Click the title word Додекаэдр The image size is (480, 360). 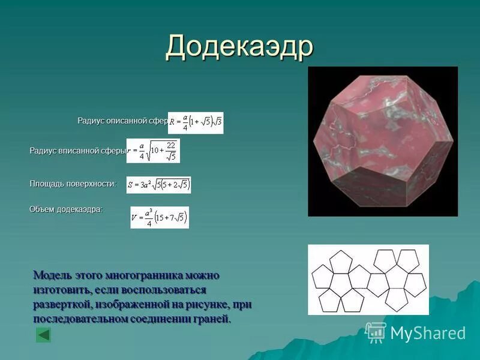click(x=239, y=46)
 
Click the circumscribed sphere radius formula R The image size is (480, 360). click(x=196, y=122)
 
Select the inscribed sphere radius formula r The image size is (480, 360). click(x=153, y=151)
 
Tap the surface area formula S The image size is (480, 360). click(x=158, y=185)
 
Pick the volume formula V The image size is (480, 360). click(x=160, y=217)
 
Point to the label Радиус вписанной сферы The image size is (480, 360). click(x=77, y=151)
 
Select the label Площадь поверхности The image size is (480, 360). click(x=73, y=184)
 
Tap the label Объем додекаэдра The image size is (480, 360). click(x=66, y=209)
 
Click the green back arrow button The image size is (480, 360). click(x=43, y=335)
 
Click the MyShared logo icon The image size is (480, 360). click(x=376, y=332)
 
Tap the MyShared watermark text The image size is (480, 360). click(x=428, y=333)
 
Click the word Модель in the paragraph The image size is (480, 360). click(x=53, y=275)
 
